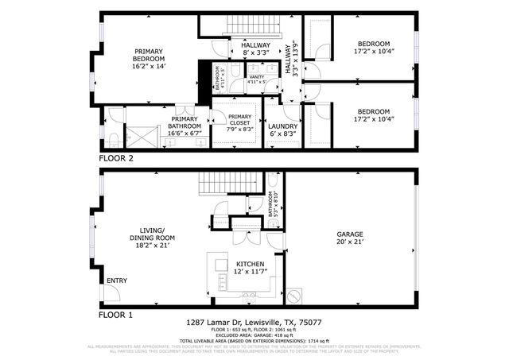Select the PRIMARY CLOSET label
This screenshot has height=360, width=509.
239,121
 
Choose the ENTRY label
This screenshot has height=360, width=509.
115,280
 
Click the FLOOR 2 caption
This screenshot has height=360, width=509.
115,158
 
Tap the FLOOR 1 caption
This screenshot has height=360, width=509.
115,315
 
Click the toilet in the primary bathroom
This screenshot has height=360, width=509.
113,141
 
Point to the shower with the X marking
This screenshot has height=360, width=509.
146,137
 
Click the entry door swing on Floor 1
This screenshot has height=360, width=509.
112,292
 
